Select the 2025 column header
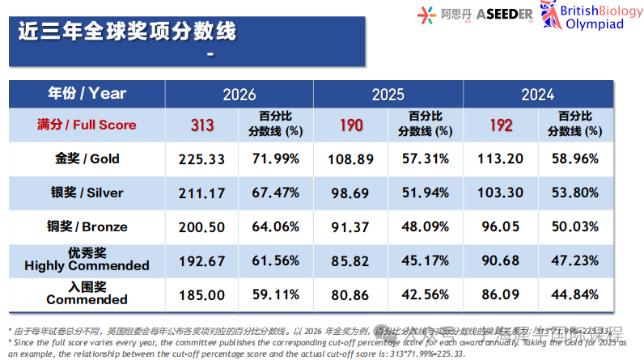388,94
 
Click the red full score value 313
202,125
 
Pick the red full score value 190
351,125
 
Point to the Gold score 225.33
202,159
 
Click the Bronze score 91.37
351,227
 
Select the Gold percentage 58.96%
576,159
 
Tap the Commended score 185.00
202,294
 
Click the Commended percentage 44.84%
576,294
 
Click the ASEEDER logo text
503,15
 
